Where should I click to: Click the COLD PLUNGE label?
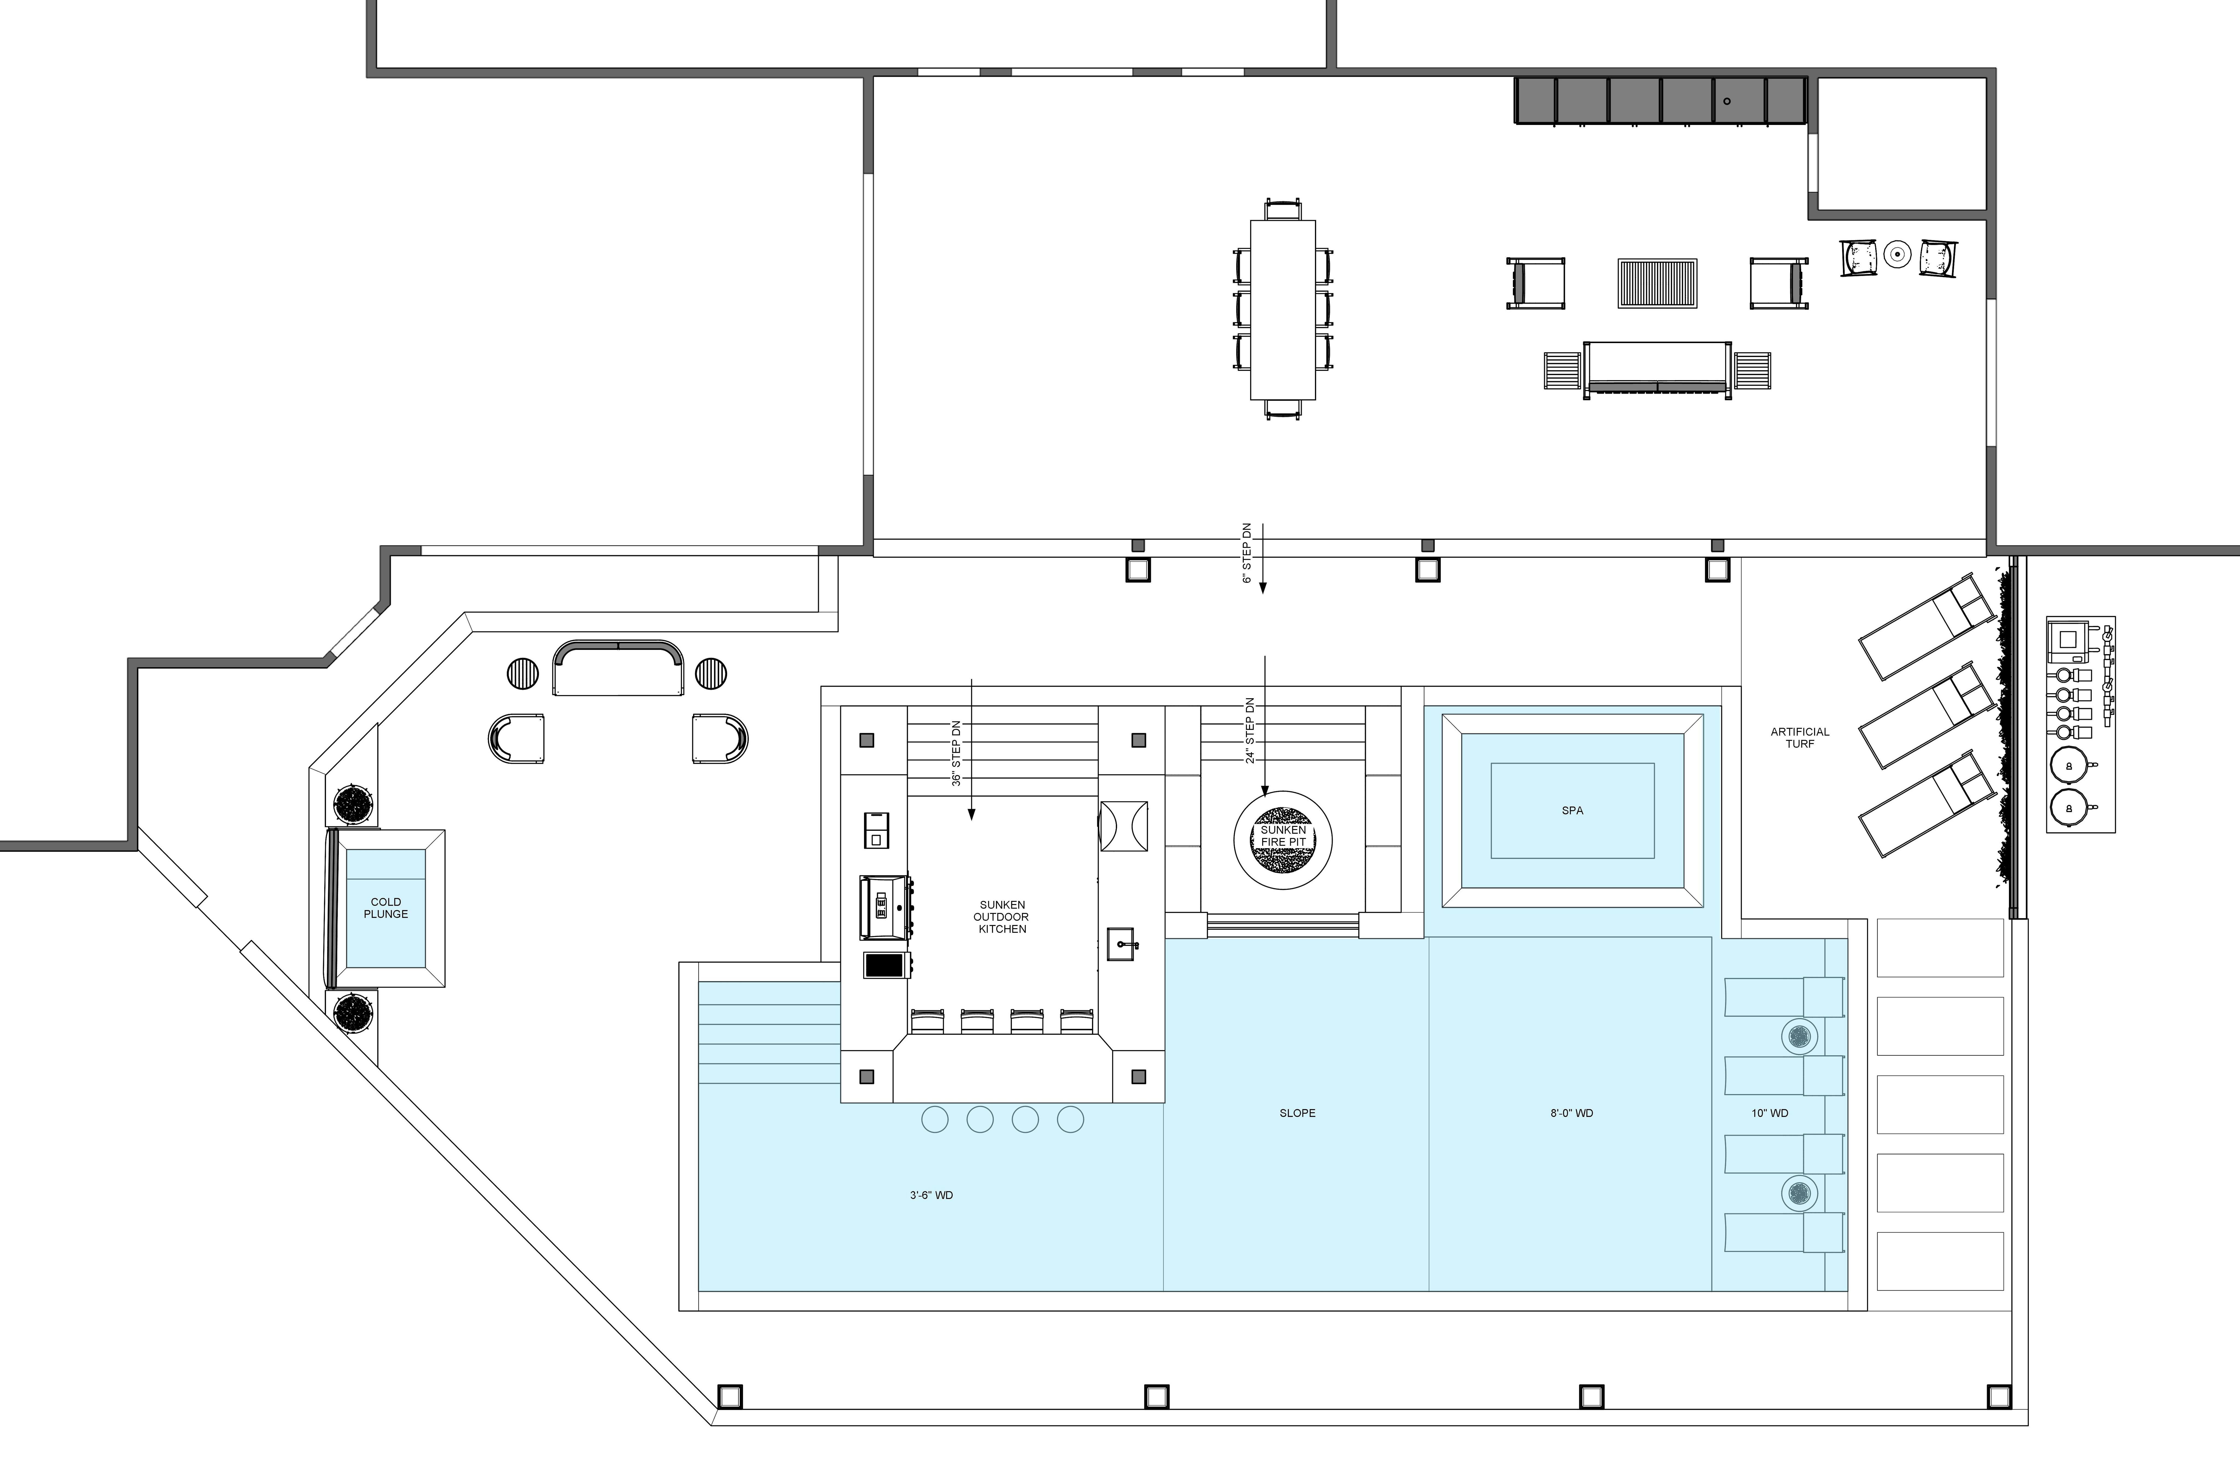pos(385,908)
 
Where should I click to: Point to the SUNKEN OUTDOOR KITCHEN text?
pos(1002,917)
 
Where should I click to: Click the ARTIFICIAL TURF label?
pos(1800,737)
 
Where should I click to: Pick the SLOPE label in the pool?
pos(1297,1113)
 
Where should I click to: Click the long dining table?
pos(1283,309)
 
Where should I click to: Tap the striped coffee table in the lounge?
pos(1657,283)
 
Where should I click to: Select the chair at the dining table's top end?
pos(1283,209)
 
